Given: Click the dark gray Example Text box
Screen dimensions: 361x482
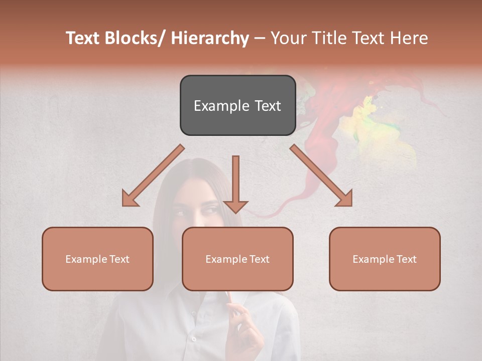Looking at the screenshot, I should point(237,105).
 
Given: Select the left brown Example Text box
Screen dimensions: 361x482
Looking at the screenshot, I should point(97,259).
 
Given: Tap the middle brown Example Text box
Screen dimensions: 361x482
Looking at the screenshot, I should point(237,259).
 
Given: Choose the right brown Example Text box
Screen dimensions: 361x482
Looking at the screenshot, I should point(385,259).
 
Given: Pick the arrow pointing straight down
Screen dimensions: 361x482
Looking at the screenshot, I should point(235,186).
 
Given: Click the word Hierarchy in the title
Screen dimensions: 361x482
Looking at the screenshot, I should point(209,39).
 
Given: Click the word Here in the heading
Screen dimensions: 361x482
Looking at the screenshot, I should point(408,39).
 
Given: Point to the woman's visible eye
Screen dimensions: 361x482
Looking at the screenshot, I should point(210,209).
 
